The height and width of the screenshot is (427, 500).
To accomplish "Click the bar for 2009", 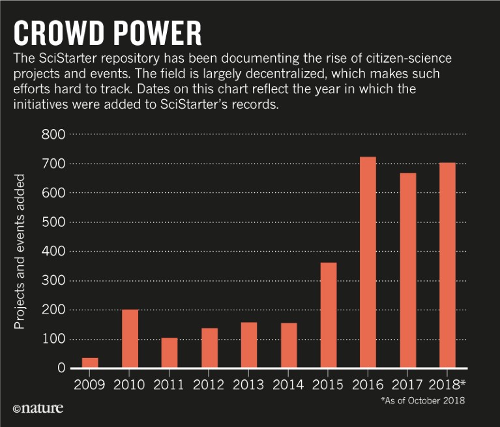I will tap(90, 363).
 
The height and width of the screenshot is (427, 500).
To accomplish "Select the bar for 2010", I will tap(130, 339).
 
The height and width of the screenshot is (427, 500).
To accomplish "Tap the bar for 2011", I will tap(169, 353).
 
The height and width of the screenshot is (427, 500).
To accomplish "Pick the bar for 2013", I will tap(248, 346).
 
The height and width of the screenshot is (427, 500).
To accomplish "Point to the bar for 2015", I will tap(328, 316).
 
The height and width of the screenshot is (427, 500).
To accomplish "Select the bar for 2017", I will tap(407, 271).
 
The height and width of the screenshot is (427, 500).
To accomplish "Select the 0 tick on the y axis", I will tap(61, 368).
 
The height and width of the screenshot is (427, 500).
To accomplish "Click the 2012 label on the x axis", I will tap(209, 384).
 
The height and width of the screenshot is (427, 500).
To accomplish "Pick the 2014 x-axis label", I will tap(288, 384).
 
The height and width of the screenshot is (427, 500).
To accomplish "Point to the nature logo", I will tap(38, 409).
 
